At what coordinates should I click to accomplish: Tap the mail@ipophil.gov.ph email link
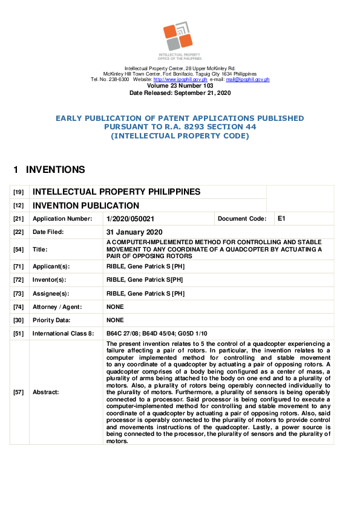pyautogui.click(x=247, y=80)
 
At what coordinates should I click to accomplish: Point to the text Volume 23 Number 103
pyautogui.click(x=180, y=86)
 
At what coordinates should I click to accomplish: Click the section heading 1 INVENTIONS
pyautogui.click(x=49, y=170)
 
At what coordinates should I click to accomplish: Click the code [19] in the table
pyautogui.click(x=19, y=192)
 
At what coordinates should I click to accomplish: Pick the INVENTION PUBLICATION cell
pyautogui.click(x=86, y=206)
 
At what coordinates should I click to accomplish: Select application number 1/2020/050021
pyautogui.click(x=130, y=219)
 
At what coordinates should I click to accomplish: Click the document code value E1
pyautogui.click(x=281, y=218)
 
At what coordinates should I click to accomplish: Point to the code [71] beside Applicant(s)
pyautogui.click(x=19, y=266)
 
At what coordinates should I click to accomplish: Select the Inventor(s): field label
pyautogui.click(x=50, y=280)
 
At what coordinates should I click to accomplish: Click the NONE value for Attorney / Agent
pyautogui.click(x=115, y=307)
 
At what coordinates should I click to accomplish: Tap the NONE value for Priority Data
pyautogui.click(x=115, y=320)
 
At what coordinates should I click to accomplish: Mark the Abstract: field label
pyautogui.click(x=46, y=392)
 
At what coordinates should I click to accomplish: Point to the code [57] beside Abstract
pyautogui.click(x=19, y=392)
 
